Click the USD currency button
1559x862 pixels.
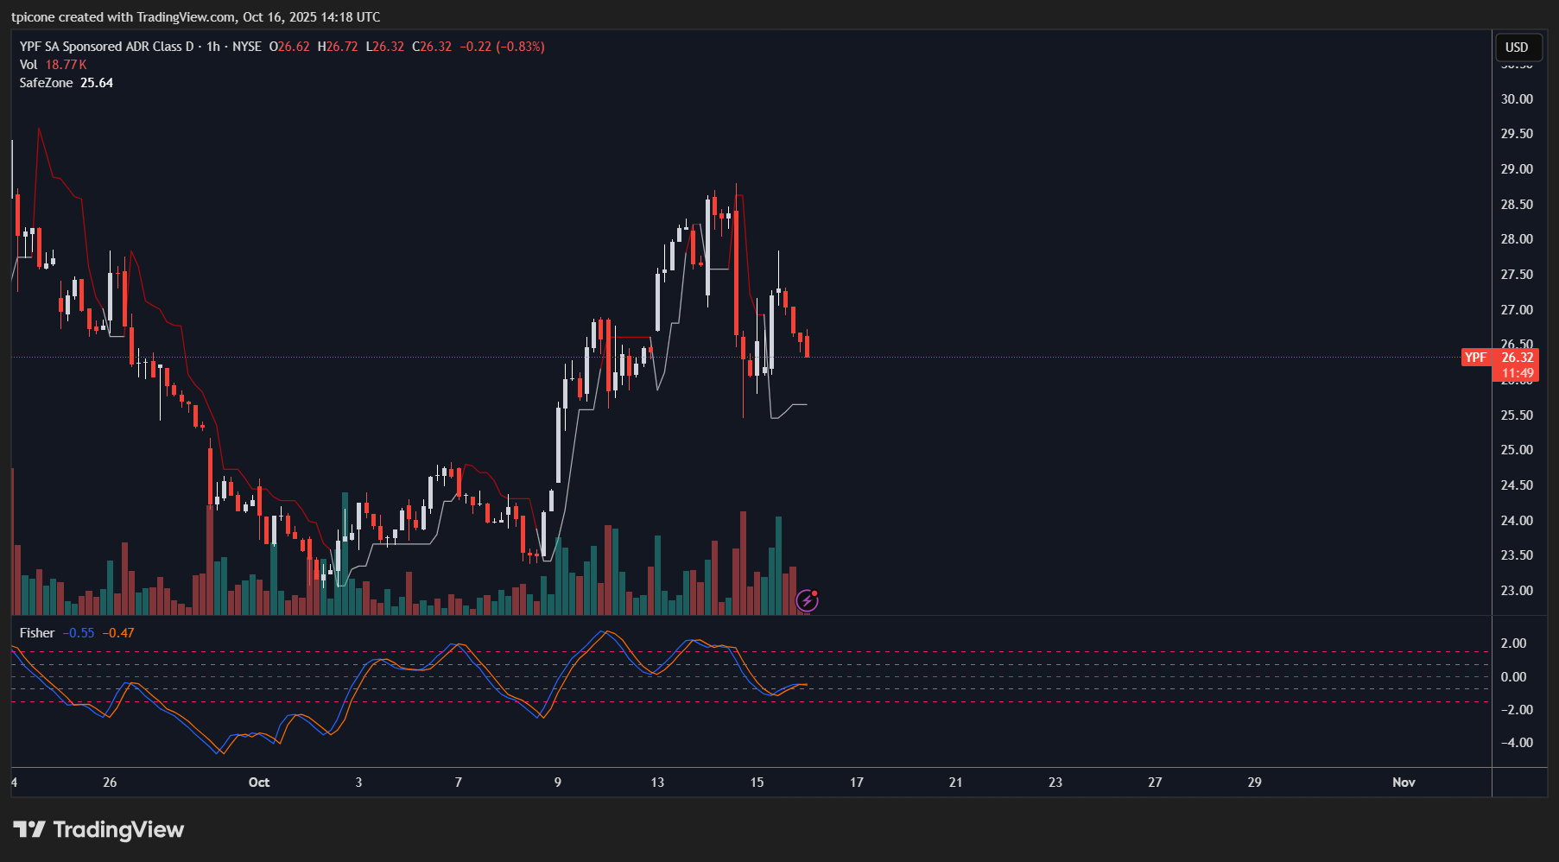tap(1517, 48)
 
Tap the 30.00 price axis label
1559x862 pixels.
tap(1517, 99)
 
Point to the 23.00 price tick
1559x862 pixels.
tap(1517, 591)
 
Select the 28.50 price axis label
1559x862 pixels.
tap(1517, 205)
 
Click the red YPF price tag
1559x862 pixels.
tap(1476, 358)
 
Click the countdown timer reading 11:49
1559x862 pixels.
tap(1518, 374)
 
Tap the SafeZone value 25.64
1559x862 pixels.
tap(97, 83)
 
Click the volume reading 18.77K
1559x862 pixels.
tap(67, 65)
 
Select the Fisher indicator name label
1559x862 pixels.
tap(37, 633)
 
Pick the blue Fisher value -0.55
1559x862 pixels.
tap(79, 633)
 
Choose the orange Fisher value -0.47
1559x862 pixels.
tap(118, 633)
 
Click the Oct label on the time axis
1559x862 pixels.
tap(259, 783)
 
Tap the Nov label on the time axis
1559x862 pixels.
tap(1404, 783)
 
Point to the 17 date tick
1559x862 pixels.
tap(857, 783)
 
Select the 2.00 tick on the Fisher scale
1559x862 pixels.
tap(1513, 643)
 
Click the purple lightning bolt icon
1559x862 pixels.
tap(807, 600)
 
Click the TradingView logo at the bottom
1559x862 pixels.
tap(99, 830)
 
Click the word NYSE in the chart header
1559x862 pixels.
tap(247, 47)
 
